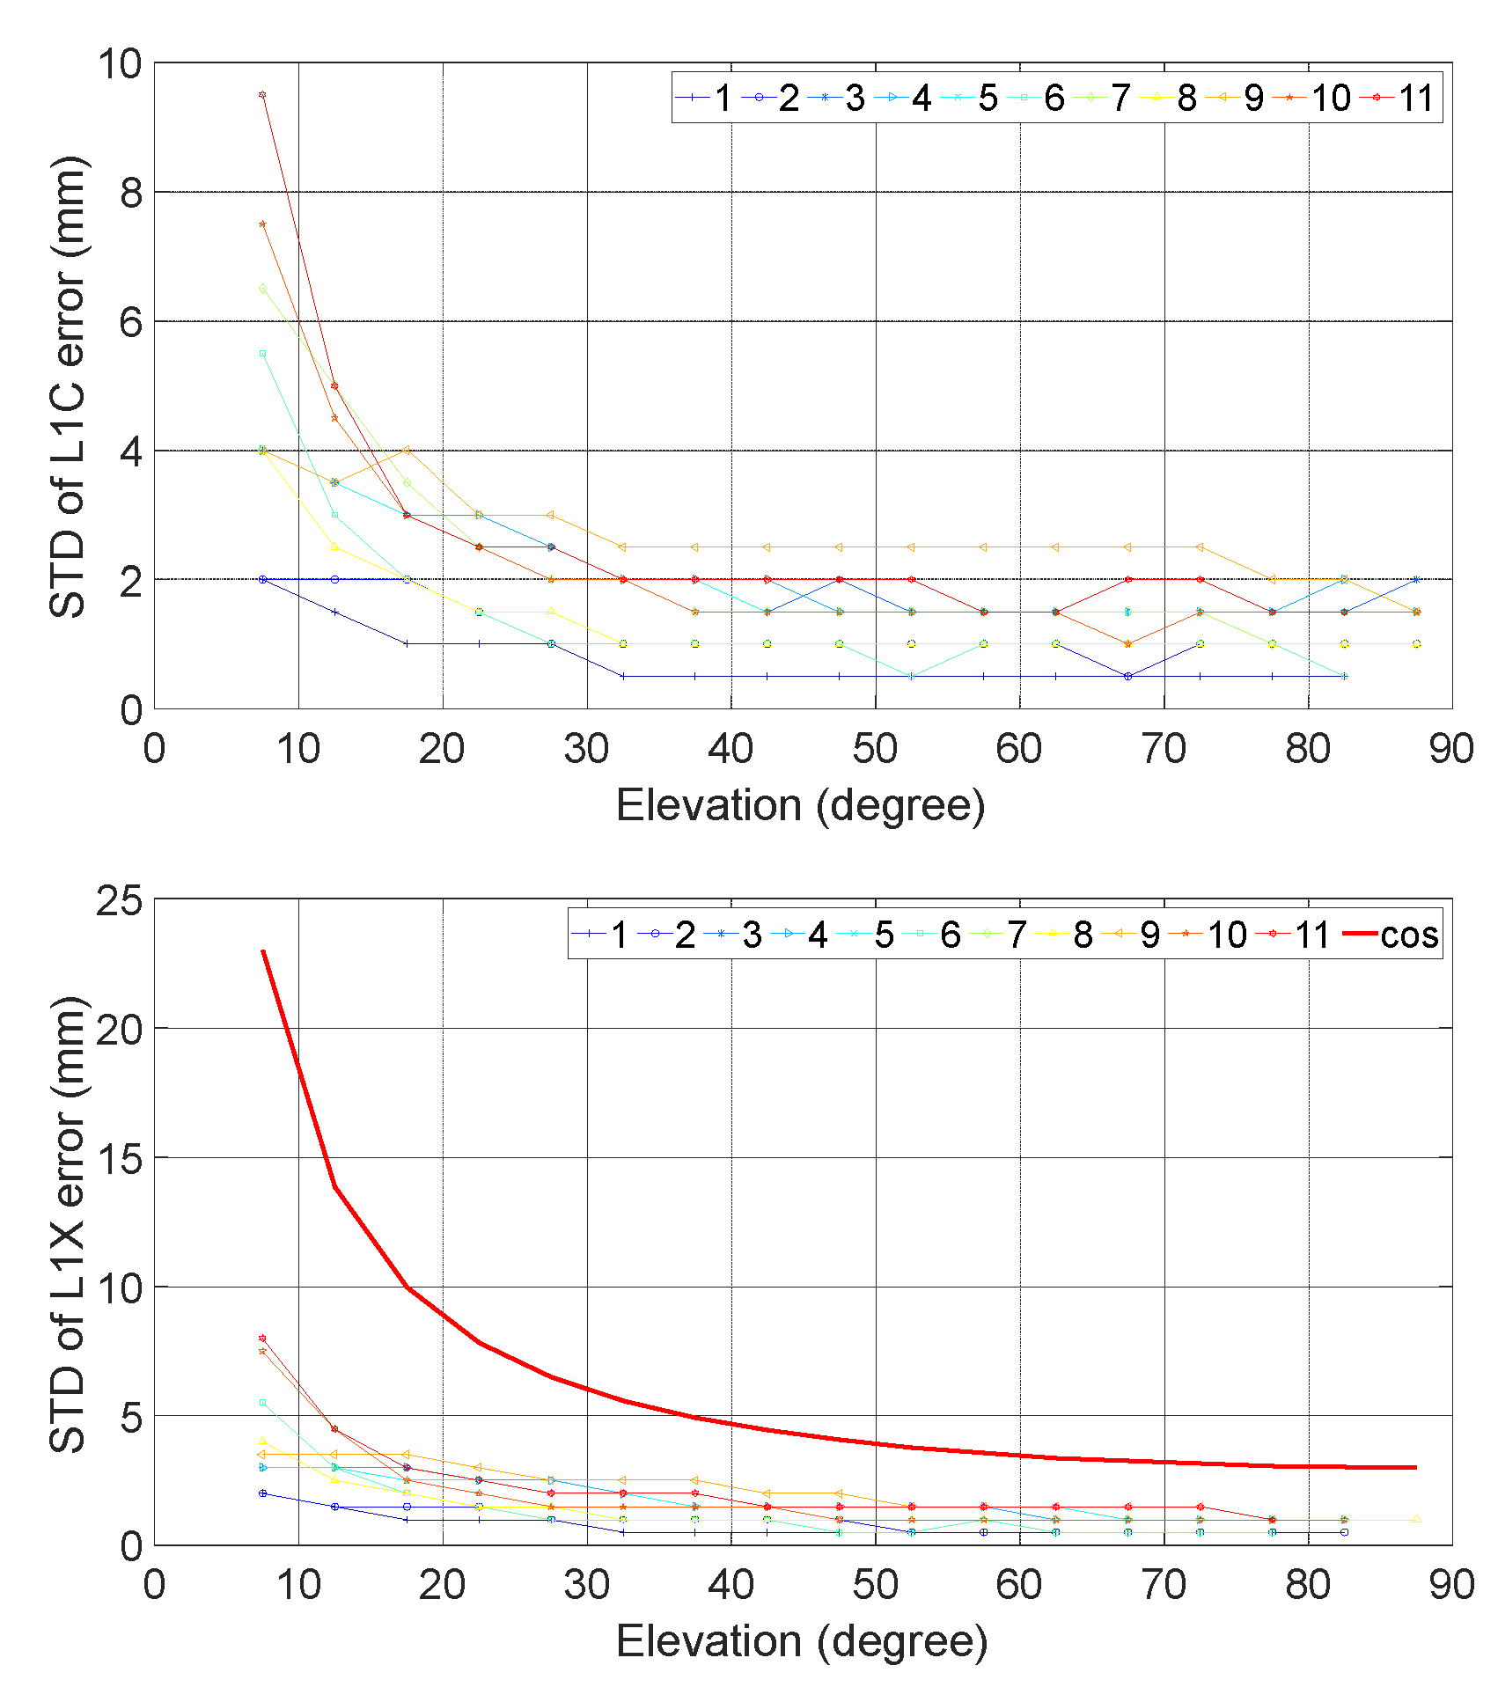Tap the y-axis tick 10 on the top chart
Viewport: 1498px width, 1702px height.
pos(120,63)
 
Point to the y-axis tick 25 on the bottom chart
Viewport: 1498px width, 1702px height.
pos(120,900)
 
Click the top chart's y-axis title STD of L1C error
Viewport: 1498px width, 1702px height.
pos(68,387)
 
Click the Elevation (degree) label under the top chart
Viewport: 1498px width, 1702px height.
pos(800,805)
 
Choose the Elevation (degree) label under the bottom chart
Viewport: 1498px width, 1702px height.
pos(802,1642)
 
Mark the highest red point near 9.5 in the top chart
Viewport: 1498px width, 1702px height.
pos(262,95)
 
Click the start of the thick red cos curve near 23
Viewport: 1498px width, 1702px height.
pos(263,951)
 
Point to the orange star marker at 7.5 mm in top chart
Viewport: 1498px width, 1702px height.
pos(262,224)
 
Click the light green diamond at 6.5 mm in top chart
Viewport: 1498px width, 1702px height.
pos(262,289)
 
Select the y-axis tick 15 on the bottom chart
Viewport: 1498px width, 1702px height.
pos(120,1159)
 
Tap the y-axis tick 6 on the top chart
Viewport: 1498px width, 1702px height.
pos(130,322)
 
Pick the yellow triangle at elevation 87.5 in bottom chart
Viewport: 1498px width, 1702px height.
pos(1416,1519)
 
